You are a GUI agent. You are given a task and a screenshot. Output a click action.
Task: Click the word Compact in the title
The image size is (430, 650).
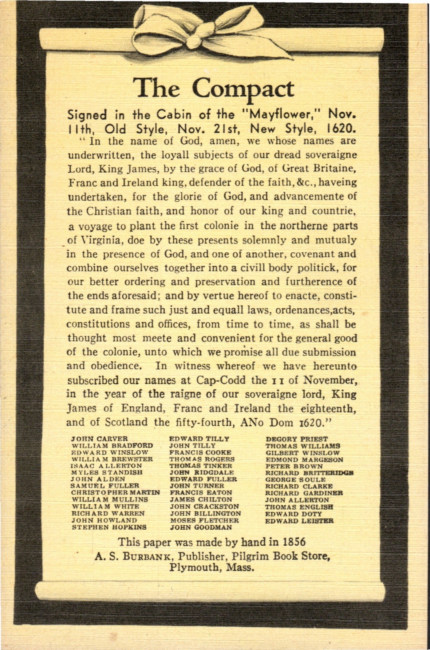[243, 89]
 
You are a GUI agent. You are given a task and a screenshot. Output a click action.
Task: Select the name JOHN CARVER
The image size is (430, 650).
[99, 439]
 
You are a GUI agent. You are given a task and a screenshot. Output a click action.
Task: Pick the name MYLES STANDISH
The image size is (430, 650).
[107, 472]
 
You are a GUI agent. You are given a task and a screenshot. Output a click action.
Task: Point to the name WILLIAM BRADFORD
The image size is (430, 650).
[112, 445]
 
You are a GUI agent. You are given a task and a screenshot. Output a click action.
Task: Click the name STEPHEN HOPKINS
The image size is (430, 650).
[109, 527]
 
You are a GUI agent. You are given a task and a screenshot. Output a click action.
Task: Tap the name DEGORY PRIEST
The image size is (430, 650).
[297, 439]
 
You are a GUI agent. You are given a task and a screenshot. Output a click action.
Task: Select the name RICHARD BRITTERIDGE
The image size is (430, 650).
[309, 473]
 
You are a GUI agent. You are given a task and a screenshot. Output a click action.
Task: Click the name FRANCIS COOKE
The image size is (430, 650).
[200, 452]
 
